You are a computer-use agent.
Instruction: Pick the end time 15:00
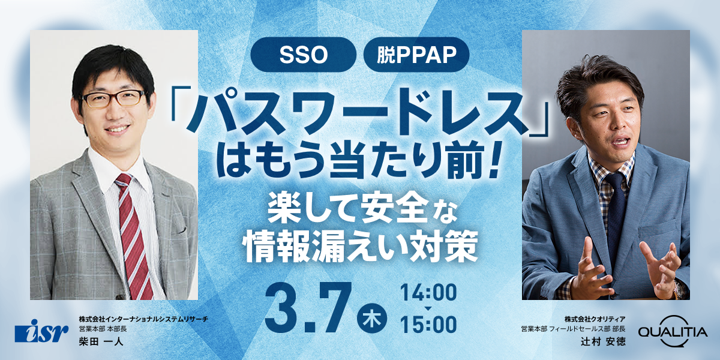(x=428, y=325)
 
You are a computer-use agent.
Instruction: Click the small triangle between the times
(x=427, y=308)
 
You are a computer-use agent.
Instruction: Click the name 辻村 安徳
(x=607, y=341)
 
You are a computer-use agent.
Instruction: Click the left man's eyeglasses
(x=113, y=98)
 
